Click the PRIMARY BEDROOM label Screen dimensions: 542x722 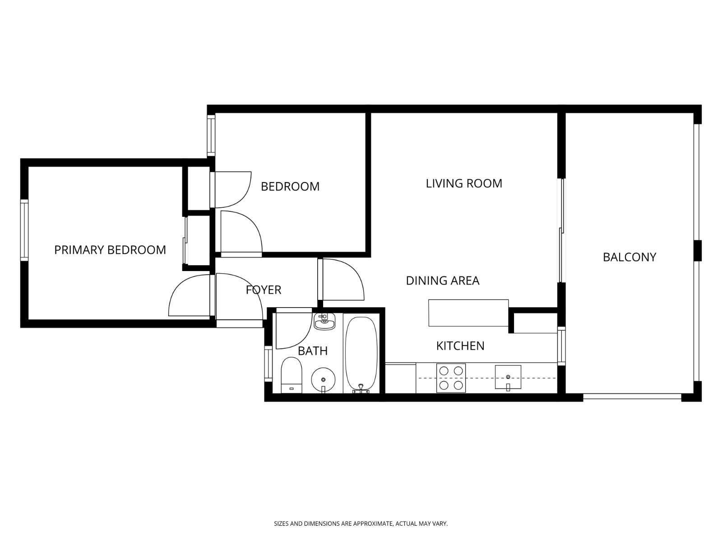(x=110, y=250)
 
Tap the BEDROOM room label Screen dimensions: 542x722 (x=290, y=186)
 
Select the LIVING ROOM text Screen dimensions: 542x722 (x=464, y=183)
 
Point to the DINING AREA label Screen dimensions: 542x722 (x=442, y=280)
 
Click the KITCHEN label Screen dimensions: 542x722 (x=460, y=346)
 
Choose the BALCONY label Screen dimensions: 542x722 (x=629, y=257)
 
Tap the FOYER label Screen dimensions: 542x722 (x=264, y=290)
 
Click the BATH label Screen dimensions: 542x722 (x=313, y=351)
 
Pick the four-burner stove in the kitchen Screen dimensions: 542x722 (x=451, y=378)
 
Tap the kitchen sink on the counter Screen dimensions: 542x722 (x=508, y=377)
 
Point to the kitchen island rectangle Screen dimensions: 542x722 (x=468, y=313)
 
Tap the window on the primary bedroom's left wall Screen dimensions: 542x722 (x=24, y=230)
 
